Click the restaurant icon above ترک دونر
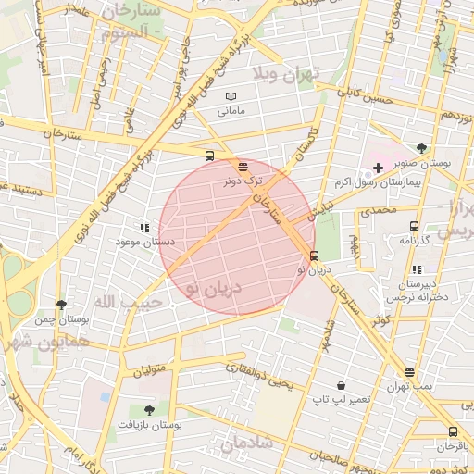click(x=243, y=167)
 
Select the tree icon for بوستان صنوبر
click(x=422, y=148)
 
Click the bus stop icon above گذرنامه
click(x=414, y=226)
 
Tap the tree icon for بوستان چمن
click(x=61, y=304)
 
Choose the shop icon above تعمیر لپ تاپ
click(x=342, y=385)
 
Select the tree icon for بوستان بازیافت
click(x=149, y=408)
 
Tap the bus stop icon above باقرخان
click(x=453, y=431)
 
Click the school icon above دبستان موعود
click(x=143, y=227)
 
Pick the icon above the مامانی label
click(x=231, y=96)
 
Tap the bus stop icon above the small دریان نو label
click(x=314, y=256)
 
